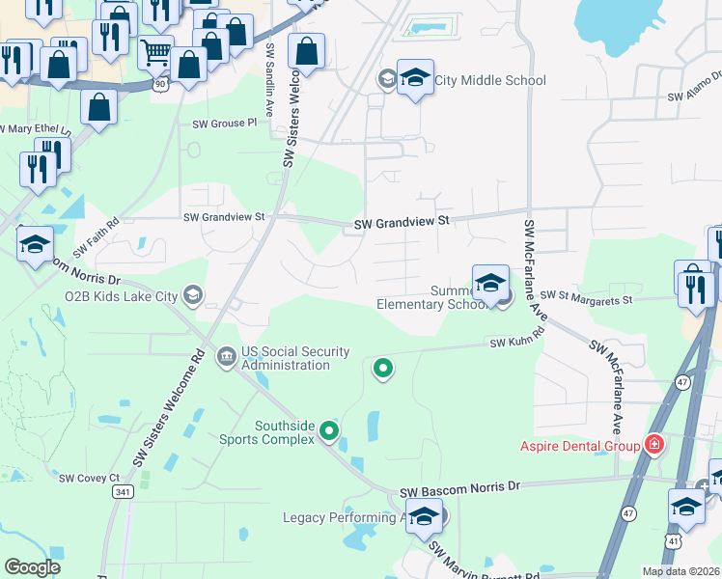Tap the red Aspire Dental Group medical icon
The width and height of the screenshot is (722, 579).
[655, 445]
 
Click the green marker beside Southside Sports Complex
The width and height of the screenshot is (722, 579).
[329, 431]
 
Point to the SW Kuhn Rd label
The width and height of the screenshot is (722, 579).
[516, 343]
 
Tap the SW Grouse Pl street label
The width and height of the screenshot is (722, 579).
[225, 124]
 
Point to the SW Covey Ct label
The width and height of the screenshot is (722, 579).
[89, 478]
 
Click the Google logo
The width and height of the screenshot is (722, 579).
[32, 567]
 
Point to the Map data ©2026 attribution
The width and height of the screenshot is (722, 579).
[680, 571]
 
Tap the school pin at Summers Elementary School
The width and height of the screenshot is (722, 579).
[490, 282]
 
